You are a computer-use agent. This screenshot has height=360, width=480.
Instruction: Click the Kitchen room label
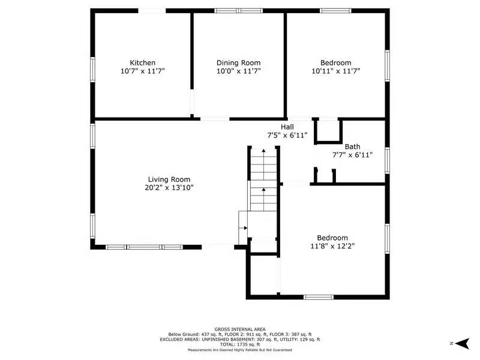143,62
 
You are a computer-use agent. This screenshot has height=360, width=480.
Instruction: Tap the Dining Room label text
238,62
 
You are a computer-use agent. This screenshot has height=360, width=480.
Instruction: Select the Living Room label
169,179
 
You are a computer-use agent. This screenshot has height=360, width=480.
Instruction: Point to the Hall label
287,127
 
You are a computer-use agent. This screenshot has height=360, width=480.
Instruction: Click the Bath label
352,146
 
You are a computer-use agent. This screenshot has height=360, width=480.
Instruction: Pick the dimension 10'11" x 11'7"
335,71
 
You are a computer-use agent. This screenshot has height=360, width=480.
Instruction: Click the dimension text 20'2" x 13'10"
169,187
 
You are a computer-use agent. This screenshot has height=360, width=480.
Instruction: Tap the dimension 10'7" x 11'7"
143,71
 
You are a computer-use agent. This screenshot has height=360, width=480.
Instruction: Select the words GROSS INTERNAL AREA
240,329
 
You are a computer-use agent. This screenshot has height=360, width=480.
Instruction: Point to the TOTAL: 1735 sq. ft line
240,344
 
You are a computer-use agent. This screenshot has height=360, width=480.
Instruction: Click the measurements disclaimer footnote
240,349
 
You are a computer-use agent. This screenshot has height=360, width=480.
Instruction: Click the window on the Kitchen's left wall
92,68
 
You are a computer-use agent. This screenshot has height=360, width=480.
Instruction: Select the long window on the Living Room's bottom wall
144,247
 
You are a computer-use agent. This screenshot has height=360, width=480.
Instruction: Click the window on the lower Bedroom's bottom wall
318,296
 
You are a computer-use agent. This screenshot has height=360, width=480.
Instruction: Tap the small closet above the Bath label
328,131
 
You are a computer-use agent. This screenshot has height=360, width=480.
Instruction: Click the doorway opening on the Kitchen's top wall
152,10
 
